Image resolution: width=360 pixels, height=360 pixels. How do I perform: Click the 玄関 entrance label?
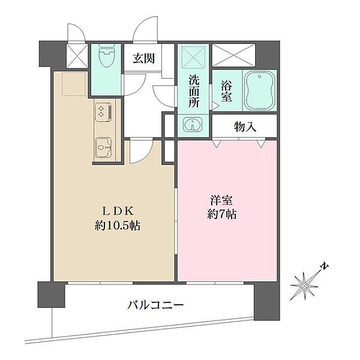(144, 58)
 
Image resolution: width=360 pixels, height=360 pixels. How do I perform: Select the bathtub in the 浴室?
(259, 90)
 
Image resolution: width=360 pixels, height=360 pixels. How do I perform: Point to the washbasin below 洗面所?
(193, 125)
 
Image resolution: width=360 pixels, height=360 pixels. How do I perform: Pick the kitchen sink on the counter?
(103, 147)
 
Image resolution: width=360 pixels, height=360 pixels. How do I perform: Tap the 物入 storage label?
(245, 127)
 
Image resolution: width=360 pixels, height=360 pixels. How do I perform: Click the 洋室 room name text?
(221, 200)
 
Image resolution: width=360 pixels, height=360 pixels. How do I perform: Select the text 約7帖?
(222, 214)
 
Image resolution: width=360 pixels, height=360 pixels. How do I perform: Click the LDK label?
(118, 211)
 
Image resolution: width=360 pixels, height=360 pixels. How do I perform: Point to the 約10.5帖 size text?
(118, 226)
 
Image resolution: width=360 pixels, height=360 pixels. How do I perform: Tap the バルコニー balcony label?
(155, 305)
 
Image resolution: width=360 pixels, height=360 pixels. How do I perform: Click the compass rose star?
(305, 286)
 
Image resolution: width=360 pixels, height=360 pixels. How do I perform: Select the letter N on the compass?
(325, 266)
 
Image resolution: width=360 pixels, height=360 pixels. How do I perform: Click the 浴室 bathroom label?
(226, 91)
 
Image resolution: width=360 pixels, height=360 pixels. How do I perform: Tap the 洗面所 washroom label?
(194, 91)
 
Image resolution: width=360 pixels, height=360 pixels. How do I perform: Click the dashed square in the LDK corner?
(74, 84)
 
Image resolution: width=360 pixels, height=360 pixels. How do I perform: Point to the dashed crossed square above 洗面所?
(194, 57)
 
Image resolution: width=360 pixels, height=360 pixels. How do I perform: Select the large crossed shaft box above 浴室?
(233, 55)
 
